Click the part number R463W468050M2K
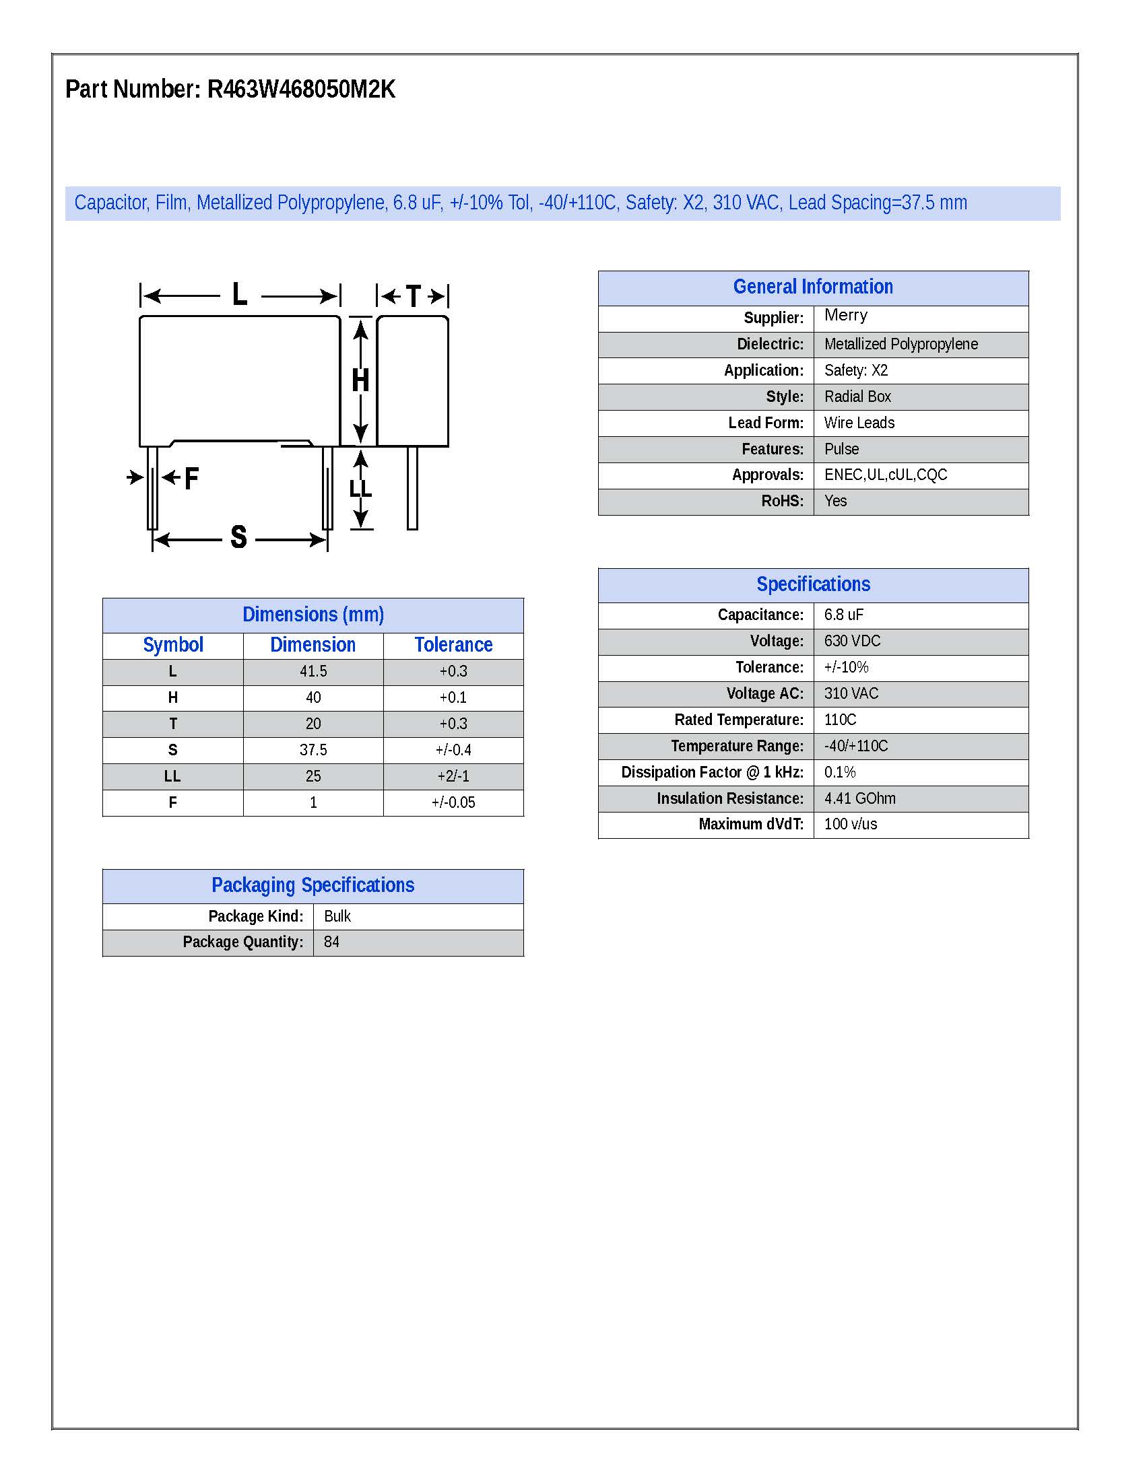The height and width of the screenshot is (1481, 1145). pyautogui.click(x=300, y=90)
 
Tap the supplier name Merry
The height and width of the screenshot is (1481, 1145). pyautogui.click(x=845, y=315)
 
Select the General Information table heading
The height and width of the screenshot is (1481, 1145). pyautogui.click(x=813, y=287)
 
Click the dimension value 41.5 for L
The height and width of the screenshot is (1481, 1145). pyautogui.click(x=313, y=671)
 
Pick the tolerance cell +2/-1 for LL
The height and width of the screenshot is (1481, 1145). pyautogui.click(x=453, y=776)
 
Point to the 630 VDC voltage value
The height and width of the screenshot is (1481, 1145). pyautogui.click(x=852, y=641)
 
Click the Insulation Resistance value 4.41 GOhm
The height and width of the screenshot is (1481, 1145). pyautogui.click(x=859, y=799)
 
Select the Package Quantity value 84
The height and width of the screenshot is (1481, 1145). pyautogui.click(x=331, y=942)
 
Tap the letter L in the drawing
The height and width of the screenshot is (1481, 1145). pyautogui.click(x=240, y=295)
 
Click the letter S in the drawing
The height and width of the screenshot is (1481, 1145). pyautogui.click(x=238, y=537)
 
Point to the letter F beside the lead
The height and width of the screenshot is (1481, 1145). pyautogui.click(x=191, y=479)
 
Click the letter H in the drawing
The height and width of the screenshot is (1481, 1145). pyautogui.click(x=360, y=380)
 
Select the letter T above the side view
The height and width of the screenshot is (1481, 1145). pyautogui.click(x=413, y=296)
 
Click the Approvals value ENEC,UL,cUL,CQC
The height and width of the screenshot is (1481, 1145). pyautogui.click(x=885, y=475)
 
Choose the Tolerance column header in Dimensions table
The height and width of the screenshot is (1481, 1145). pyautogui.click(x=453, y=645)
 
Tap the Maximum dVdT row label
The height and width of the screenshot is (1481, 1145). pyautogui.click(x=750, y=824)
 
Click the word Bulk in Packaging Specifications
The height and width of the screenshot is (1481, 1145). pyautogui.click(x=337, y=916)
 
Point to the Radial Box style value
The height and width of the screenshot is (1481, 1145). pyautogui.click(x=857, y=397)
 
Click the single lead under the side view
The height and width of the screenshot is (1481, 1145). pyautogui.click(x=412, y=488)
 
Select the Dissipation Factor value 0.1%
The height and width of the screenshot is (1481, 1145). pyautogui.click(x=839, y=772)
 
